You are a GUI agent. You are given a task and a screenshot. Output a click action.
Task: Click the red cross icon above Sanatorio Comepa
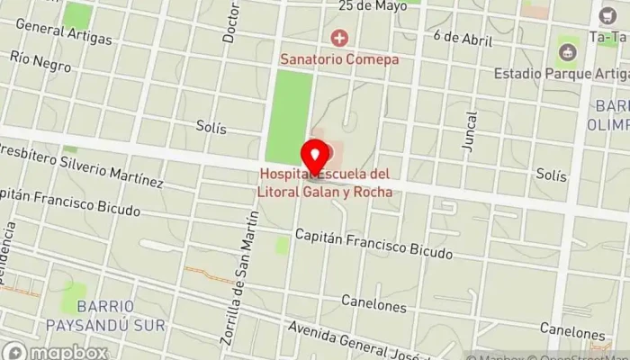[339, 38]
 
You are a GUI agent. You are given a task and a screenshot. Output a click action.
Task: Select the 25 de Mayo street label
[368, 5]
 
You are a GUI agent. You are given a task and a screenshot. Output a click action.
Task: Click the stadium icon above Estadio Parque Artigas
[567, 52]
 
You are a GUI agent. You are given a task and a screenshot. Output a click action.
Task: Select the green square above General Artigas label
[77, 13]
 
